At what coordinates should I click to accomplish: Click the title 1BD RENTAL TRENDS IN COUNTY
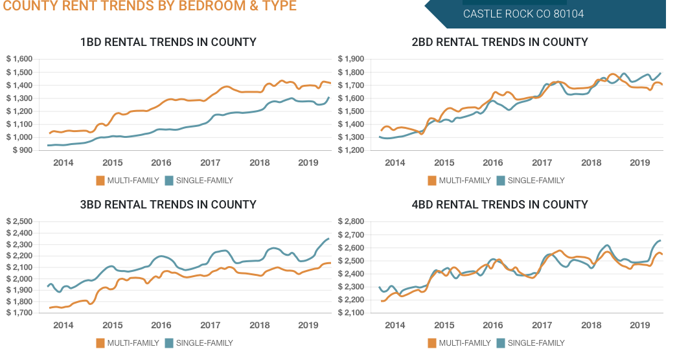tap(168, 42)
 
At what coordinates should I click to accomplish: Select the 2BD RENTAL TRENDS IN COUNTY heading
tap(499, 42)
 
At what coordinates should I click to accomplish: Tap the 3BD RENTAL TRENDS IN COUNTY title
tap(168, 205)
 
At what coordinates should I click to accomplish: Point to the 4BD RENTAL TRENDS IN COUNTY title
tap(499, 205)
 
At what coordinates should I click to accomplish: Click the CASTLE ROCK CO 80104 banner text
tap(523, 14)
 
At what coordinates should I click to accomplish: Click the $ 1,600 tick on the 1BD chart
tap(19, 59)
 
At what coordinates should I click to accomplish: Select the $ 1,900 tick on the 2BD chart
tap(351, 59)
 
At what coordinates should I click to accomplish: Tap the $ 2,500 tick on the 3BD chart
tap(19, 221)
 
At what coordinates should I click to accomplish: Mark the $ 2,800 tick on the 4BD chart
tap(351, 221)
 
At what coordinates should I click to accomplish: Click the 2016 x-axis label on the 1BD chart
tap(161, 163)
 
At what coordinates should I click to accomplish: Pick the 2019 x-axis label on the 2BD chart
tap(640, 163)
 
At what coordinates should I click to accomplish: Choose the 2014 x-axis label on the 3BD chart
tap(63, 325)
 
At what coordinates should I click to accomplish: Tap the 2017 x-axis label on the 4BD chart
tap(542, 325)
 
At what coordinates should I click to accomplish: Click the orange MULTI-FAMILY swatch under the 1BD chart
tap(100, 181)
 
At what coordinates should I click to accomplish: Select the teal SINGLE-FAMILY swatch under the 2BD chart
tap(501, 181)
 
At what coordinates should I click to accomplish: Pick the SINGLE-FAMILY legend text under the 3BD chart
tap(204, 343)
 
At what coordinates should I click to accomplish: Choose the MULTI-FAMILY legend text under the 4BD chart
tap(464, 343)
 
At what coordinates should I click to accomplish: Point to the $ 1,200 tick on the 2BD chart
tap(351, 150)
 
